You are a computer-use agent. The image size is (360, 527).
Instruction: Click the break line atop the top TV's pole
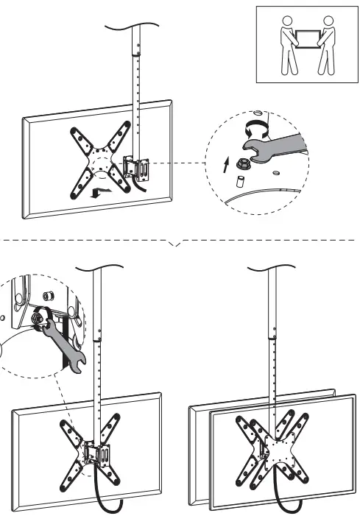135,26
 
